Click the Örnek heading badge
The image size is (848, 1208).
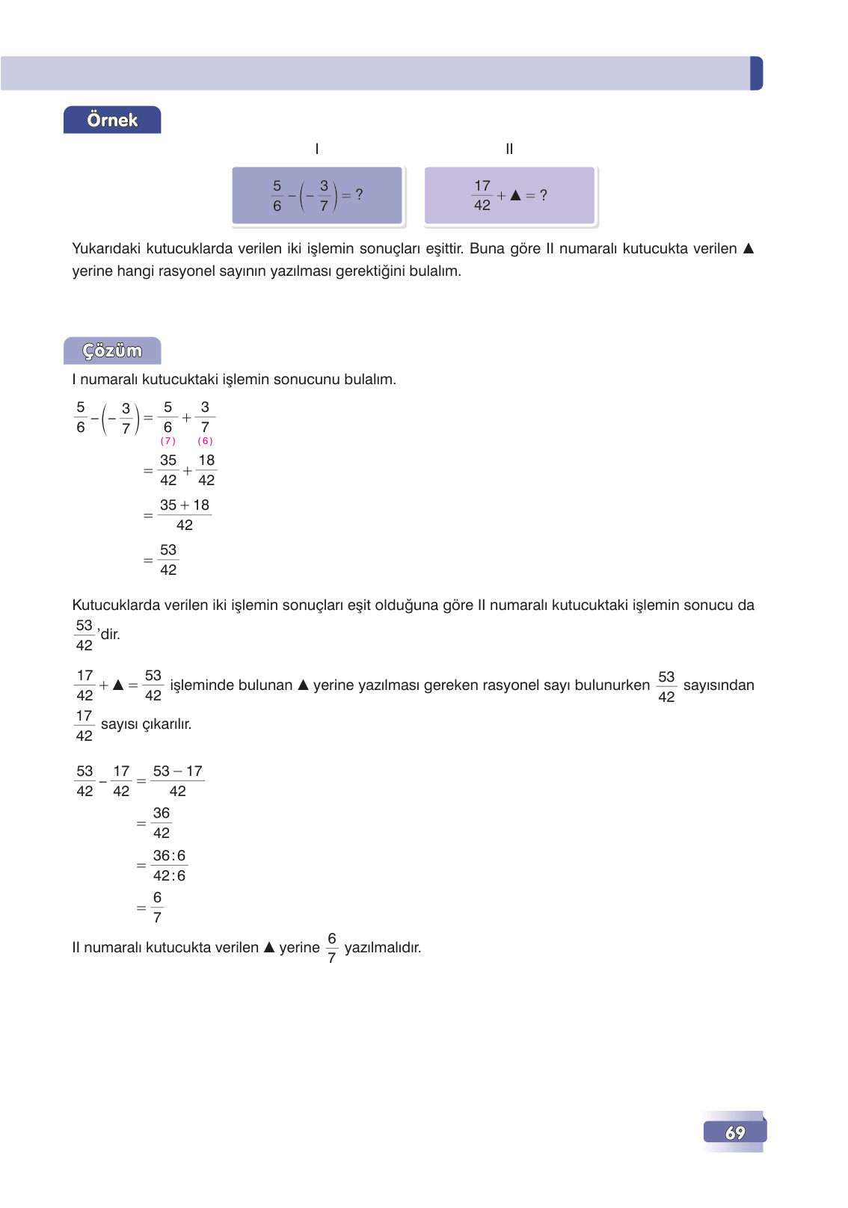(x=112, y=120)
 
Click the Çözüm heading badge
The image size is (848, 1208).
(x=112, y=351)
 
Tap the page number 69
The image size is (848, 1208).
(x=735, y=1132)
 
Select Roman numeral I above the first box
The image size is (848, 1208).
(x=317, y=149)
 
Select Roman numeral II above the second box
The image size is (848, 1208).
(x=509, y=149)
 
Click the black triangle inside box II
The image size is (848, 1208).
(x=515, y=195)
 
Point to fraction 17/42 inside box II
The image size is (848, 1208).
(x=482, y=195)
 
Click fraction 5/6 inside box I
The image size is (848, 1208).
(x=277, y=195)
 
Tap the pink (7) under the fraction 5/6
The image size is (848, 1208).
(x=168, y=441)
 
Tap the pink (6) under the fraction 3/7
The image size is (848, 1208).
(x=205, y=441)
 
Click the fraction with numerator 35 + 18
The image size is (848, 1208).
(x=185, y=515)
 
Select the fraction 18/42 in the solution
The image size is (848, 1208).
(x=206, y=470)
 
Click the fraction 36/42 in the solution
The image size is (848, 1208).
(x=162, y=823)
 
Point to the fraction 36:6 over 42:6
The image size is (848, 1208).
(x=169, y=866)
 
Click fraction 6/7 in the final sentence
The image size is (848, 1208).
(x=332, y=948)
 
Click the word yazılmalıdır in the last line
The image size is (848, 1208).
(x=383, y=948)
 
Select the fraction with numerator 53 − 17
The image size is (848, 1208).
(x=178, y=781)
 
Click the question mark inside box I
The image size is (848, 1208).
(x=359, y=194)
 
